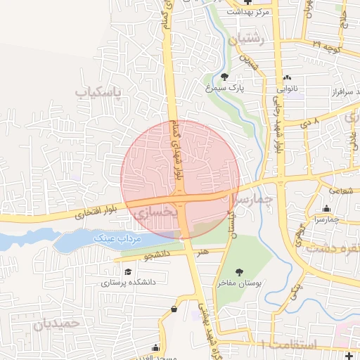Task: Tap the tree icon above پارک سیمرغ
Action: (224, 77)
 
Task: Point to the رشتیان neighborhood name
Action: (249, 40)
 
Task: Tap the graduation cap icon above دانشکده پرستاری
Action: (128, 272)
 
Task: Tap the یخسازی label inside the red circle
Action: (151, 212)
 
